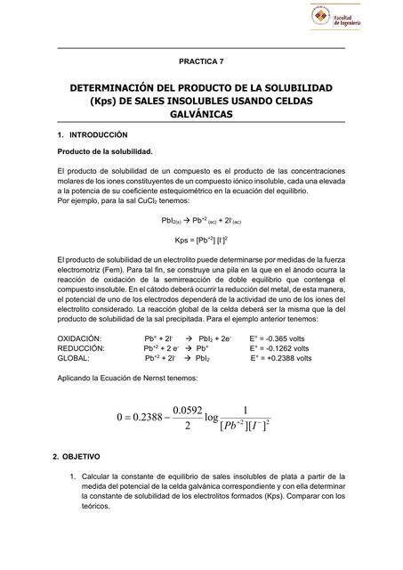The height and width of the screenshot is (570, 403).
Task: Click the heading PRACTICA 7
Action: (201, 61)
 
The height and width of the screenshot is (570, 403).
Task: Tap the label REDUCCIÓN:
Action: (80, 349)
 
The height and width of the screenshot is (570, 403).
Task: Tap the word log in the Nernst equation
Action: (212, 418)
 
